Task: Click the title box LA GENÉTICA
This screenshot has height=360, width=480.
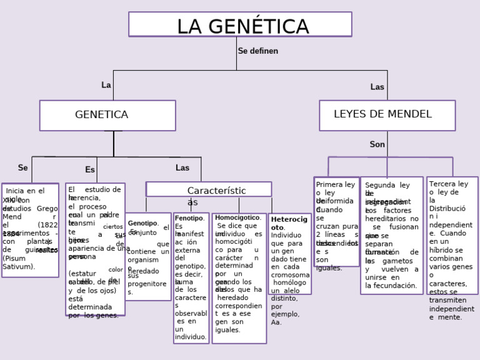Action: click(240, 25)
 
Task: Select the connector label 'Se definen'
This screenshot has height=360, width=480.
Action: click(257, 51)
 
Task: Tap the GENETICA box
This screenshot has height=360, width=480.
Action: click(107, 115)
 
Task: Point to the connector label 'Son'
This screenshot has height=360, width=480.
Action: click(377, 144)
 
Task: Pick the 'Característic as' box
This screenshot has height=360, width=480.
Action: click(209, 190)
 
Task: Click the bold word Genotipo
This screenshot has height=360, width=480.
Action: click(142, 223)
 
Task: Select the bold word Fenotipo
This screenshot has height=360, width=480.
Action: click(189, 218)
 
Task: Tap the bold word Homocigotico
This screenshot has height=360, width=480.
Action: click(237, 217)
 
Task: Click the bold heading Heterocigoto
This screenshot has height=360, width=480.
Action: click(289, 223)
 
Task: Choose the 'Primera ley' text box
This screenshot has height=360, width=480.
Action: click(336, 185)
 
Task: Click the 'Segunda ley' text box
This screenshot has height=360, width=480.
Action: click(387, 186)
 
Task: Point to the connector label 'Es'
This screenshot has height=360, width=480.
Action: click(90, 169)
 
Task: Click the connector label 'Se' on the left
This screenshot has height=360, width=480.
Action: click(22, 167)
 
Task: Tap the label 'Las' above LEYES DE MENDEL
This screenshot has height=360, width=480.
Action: click(377, 87)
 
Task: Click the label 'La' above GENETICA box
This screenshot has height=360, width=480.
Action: click(106, 85)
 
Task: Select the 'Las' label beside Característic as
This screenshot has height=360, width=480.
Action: click(182, 167)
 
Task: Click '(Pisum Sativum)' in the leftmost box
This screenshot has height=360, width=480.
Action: click(19, 262)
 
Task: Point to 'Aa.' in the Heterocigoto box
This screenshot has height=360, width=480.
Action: click(276, 322)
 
